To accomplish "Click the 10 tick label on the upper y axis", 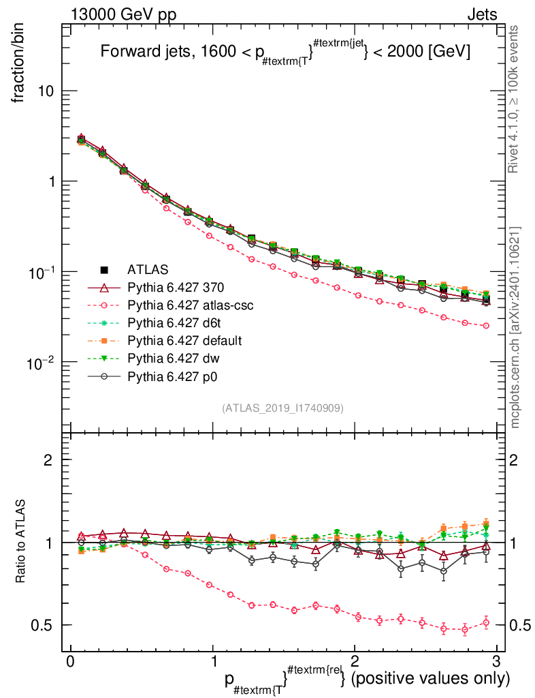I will point(47,91).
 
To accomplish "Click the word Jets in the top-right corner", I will point(481,14).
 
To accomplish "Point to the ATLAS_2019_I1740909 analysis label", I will point(282,408).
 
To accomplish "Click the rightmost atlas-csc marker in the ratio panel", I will point(486,622).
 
